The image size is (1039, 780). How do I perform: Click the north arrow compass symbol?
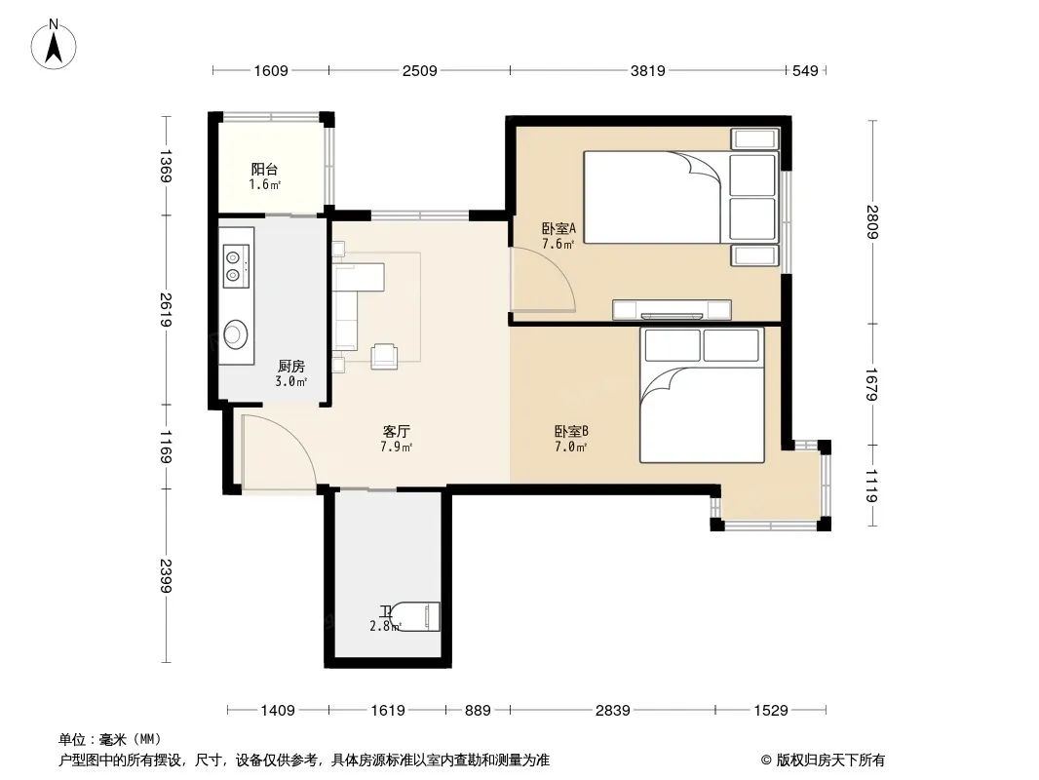[54, 45]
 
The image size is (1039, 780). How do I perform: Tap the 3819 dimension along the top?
[647, 70]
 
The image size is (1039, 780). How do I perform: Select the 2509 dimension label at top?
[419, 70]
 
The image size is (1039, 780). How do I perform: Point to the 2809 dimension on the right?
[872, 221]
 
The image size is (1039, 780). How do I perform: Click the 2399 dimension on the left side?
[166, 576]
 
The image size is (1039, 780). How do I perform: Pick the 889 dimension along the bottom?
[477, 711]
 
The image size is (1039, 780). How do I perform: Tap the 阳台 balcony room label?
[264, 169]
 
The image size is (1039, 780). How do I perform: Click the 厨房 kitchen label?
[290, 366]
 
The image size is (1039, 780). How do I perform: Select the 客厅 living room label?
[397, 431]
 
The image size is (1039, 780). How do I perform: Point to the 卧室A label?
[558, 228]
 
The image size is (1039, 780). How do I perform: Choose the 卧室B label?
[571, 431]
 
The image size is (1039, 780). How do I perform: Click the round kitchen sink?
[235, 333]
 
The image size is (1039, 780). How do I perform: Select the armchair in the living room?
[384, 356]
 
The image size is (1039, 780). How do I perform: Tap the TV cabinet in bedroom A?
[672, 310]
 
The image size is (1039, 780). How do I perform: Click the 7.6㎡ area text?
[558, 244]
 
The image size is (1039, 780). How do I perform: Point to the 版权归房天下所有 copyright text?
[830, 760]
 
